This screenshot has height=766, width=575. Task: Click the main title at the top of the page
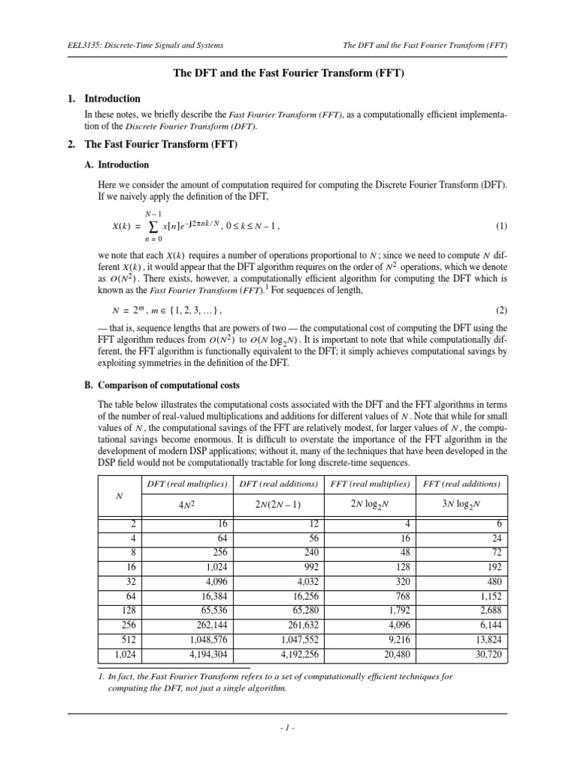click(287, 73)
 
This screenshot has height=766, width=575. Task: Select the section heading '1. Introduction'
click(112, 98)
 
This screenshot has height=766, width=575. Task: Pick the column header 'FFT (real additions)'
click(461, 484)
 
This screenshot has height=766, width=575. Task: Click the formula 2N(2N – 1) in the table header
click(278, 504)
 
